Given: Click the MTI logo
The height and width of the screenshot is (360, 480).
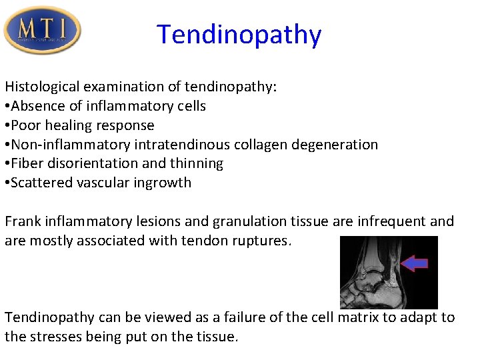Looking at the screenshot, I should tap(42, 30).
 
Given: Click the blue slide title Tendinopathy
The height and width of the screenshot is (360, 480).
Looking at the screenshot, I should tap(239, 34).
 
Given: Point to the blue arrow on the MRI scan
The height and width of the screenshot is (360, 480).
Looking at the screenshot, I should tap(415, 263).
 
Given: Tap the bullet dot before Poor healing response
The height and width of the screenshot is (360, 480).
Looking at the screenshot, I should tap(7, 126).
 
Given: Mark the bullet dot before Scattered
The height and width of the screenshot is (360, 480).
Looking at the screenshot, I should tap(7, 183).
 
